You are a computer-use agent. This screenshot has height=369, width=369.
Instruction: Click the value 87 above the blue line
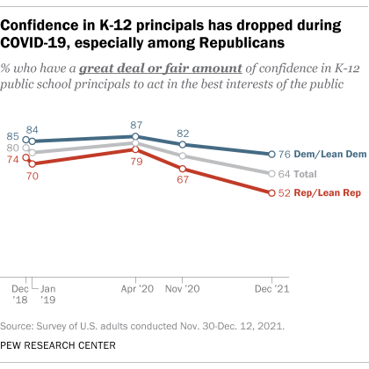(135, 125)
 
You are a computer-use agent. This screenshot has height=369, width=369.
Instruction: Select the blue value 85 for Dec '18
(13, 136)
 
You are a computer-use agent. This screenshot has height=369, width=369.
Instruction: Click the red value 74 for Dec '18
(13, 158)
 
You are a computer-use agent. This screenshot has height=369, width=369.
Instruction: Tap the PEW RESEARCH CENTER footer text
(61, 345)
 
